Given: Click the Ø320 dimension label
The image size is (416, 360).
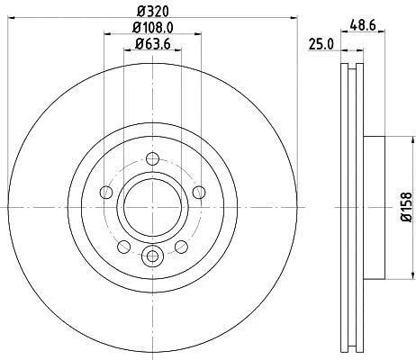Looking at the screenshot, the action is (x=153, y=11).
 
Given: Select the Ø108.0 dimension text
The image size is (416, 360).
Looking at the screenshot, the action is (x=153, y=28).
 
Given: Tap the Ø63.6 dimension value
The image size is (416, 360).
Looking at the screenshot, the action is (x=153, y=44).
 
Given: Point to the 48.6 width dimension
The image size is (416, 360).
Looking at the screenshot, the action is (x=363, y=25).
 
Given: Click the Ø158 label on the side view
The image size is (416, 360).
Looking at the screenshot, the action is (x=406, y=207).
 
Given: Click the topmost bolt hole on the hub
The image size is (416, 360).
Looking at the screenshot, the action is (x=152, y=158).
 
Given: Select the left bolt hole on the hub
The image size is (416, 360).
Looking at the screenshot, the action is (x=106, y=192).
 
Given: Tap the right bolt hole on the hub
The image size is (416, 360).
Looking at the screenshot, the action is (x=199, y=192).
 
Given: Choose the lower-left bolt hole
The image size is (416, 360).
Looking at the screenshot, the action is (x=123, y=247).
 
